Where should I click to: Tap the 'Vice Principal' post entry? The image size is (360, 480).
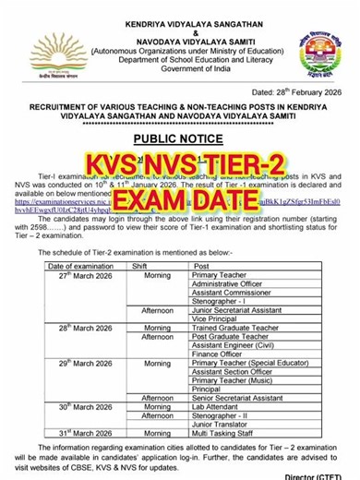click(218, 318)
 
